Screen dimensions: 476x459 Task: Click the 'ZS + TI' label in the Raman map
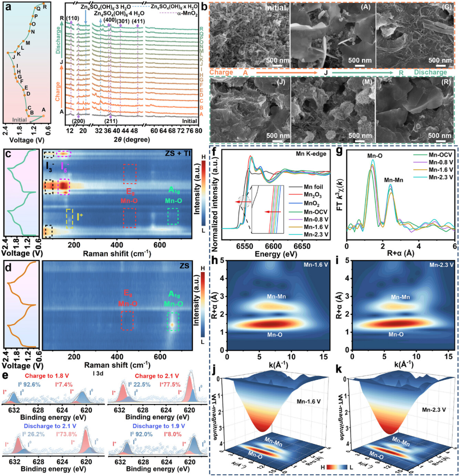click(176, 153)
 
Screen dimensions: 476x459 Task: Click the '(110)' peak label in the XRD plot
click(72, 18)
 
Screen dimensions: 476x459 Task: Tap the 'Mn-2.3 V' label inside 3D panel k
click(433, 410)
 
